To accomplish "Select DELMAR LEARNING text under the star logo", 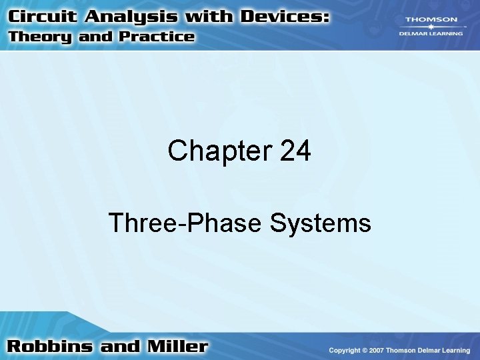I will coord(428,35).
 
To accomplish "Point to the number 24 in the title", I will coord(296,151).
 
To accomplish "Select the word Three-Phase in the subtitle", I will coord(186,223).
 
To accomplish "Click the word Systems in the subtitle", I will coord(321,223).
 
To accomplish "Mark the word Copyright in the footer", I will coord(345,350).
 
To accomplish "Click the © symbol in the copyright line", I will coord(365,350).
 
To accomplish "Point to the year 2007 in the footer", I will coord(377,350).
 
